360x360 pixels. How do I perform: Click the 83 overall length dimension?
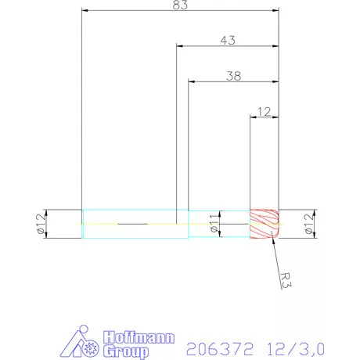181,5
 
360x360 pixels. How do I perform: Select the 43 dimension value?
229,39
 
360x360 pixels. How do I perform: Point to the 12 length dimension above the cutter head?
264,111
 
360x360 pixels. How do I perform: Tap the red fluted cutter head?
265,225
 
